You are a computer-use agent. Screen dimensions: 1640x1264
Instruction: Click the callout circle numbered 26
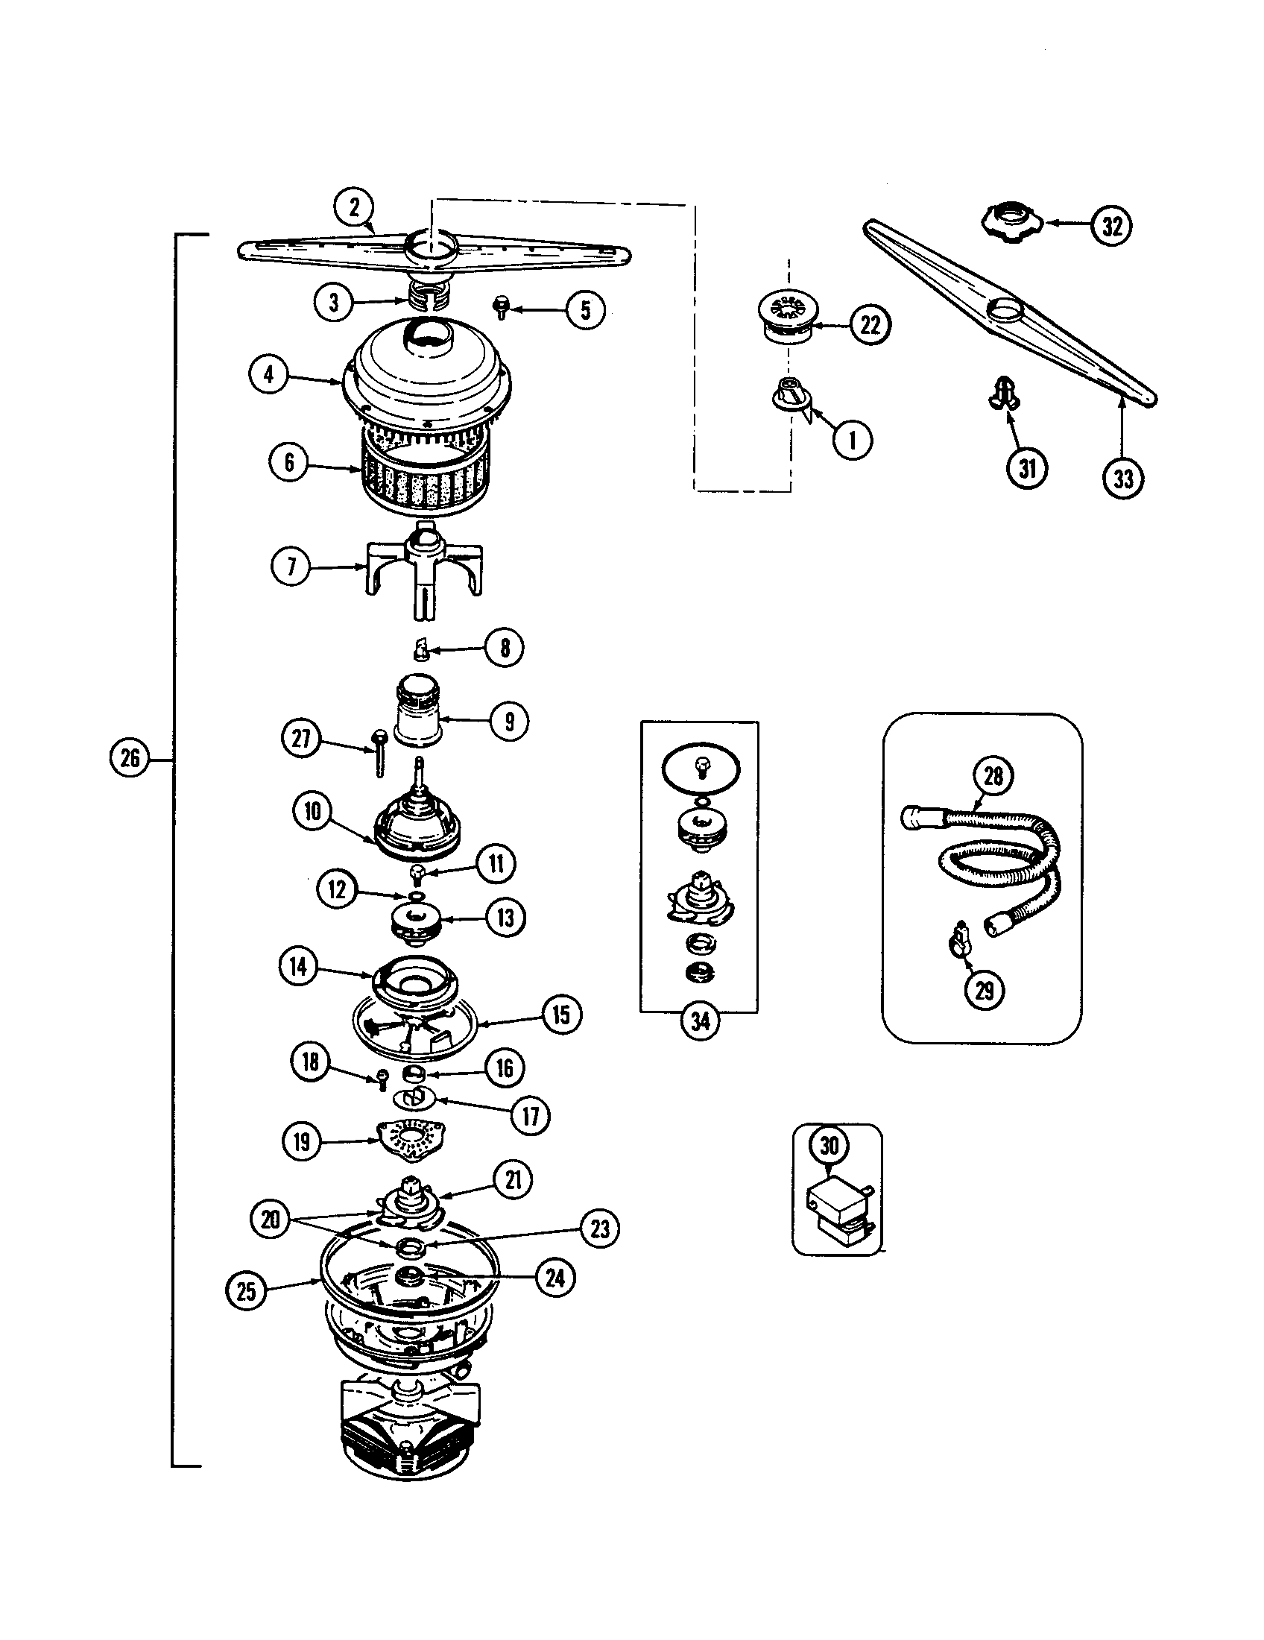[x=129, y=757]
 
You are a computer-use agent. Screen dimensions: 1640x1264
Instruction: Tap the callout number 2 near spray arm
[x=353, y=206]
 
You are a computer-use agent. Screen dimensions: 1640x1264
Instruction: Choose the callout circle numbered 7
[x=291, y=567]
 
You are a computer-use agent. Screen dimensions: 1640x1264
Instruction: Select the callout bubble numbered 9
[x=509, y=722]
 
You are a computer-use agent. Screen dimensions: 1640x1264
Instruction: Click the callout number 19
[x=302, y=1142]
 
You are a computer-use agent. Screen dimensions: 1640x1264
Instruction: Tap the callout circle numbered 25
[x=246, y=1291]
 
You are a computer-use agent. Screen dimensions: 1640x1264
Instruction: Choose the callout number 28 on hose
[x=993, y=775]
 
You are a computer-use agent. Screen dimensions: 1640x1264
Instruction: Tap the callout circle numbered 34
[x=700, y=1021]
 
